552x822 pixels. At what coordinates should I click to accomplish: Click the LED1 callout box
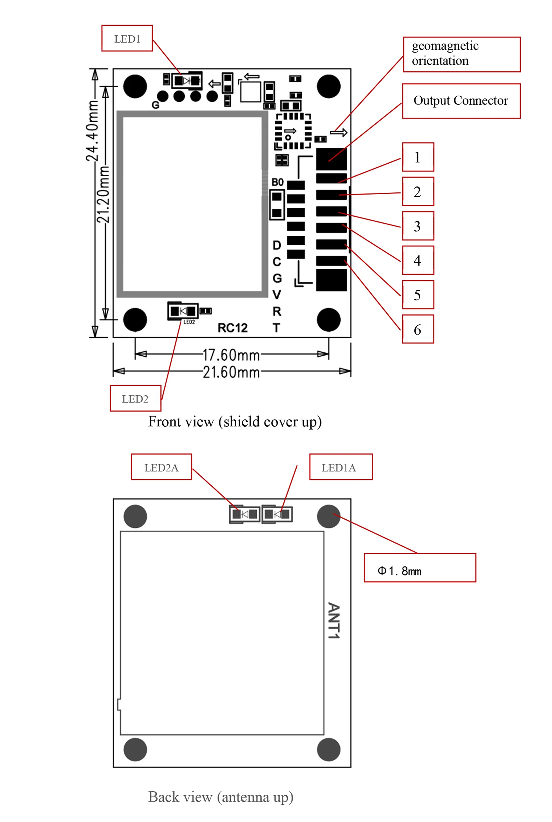click(127, 38)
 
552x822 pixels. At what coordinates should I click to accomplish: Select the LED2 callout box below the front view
click(135, 398)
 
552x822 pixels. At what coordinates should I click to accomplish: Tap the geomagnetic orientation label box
click(461, 54)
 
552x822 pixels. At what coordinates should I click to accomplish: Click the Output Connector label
click(461, 101)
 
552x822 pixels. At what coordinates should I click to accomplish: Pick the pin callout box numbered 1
click(418, 157)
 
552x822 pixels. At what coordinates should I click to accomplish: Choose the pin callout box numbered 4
click(418, 260)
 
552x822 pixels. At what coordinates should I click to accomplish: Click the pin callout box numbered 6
click(418, 329)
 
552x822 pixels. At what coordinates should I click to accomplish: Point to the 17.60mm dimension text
click(231, 355)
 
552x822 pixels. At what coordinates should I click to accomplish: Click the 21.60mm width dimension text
click(231, 372)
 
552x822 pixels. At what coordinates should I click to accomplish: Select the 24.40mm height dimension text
click(92, 131)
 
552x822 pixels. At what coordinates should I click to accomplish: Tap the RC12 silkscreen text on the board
click(233, 327)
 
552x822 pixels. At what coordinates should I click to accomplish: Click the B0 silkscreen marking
click(277, 182)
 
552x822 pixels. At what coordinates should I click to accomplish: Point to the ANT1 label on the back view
click(334, 620)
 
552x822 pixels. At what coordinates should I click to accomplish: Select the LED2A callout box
click(162, 467)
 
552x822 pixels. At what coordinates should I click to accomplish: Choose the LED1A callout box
click(341, 467)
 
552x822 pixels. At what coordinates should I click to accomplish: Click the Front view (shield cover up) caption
click(235, 421)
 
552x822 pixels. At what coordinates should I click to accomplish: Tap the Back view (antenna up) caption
click(221, 797)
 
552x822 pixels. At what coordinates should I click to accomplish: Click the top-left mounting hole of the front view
click(135, 86)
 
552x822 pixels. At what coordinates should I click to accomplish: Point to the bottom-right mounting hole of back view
click(329, 749)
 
